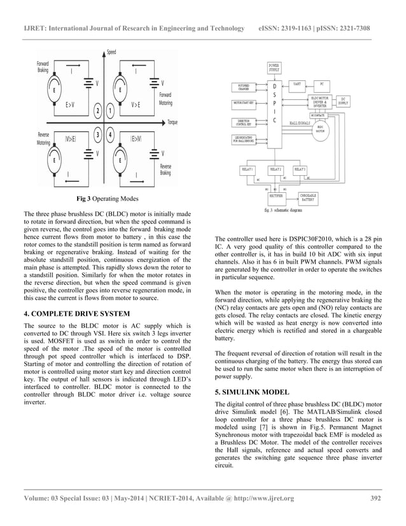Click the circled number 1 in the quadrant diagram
[111, 111]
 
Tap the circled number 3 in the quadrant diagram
[97, 134]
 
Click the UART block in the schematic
[297, 83]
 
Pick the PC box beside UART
[322, 83]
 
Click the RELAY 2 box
[276, 169]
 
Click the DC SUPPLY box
[343, 101]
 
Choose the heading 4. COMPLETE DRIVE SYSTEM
[76, 314]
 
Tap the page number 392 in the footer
[376, 498]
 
